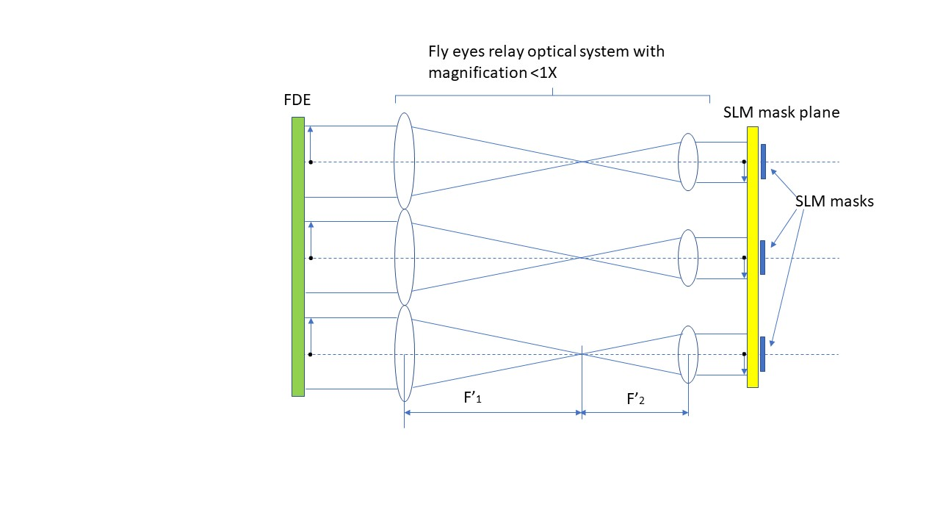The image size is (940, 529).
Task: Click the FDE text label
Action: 297,100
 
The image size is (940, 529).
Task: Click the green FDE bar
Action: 297,256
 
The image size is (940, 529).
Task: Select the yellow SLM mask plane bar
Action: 752,256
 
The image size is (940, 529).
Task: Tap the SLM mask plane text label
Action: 781,112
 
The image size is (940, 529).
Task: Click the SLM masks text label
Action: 834,201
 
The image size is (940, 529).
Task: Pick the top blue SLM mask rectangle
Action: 764,162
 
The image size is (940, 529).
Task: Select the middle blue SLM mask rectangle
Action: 763,257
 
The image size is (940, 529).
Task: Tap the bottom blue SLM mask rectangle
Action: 763,353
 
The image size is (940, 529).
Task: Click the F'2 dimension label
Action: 636,399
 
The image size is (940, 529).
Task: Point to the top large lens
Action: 404,161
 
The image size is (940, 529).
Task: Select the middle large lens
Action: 404,257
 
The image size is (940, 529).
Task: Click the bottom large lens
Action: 404,353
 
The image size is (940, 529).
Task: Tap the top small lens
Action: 687,162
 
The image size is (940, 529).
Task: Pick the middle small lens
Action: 687,258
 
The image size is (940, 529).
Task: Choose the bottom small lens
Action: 687,354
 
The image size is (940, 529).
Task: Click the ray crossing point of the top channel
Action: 582,162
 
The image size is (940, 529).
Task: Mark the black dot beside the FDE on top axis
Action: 311,162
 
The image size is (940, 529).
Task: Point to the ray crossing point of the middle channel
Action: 582,258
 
